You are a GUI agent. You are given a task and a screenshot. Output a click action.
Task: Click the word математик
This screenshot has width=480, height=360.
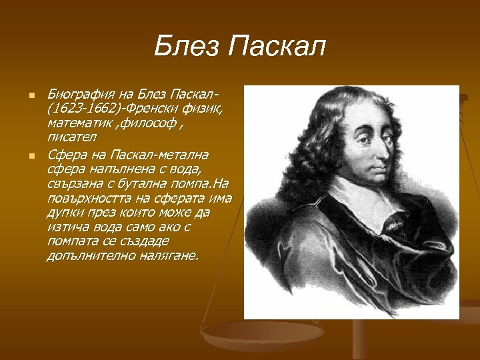coord(76,124)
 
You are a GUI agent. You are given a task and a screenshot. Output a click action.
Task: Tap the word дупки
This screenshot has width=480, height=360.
coord(65,212)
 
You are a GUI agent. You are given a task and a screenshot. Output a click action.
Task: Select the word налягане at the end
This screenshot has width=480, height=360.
coord(170,255)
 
